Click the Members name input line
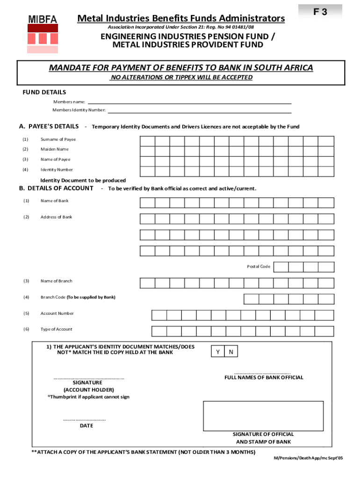click(x=189, y=102)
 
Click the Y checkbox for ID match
click(x=218, y=351)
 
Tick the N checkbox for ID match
click(x=231, y=351)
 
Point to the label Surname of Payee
click(x=58, y=139)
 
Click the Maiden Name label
click(x=54, y=149)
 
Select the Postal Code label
click(x=259, y=267)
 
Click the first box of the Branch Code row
click(x=251, y=299)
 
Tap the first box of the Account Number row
click(x=159, y=315)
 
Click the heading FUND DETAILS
click(x=44, y=92)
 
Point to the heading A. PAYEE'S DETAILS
click(x=49, y=126)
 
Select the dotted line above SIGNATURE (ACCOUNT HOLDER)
click(x=88, y=377)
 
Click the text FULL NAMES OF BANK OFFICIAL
click(x=264, y=377)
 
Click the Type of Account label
click(x=56, y=329)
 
